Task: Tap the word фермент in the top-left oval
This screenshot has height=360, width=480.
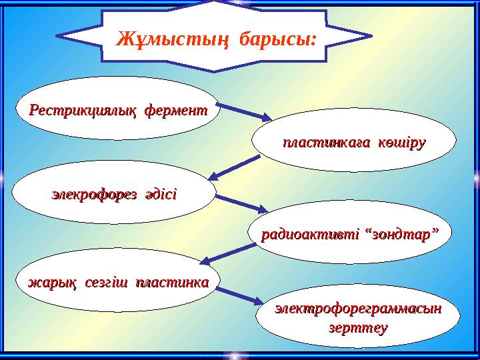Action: click(175, 109)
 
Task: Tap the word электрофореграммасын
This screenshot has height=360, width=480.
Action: click(359, 311)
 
